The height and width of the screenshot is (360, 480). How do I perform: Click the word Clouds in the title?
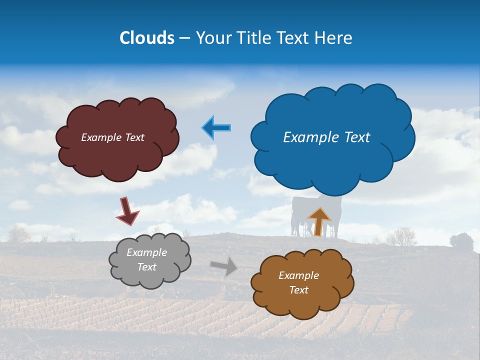point(147,38)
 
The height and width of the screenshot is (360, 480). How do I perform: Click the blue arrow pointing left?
point(216,128)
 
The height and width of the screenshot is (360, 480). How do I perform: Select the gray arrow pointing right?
point(224,266)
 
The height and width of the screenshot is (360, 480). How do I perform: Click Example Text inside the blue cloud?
point(326,137)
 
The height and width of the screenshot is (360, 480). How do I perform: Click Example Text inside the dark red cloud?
point(112,137)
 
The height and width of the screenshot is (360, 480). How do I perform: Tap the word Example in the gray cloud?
point(146,252)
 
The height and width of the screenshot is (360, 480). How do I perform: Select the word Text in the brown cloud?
point(298,290)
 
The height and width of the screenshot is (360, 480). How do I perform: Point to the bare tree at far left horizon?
point(19,233)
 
